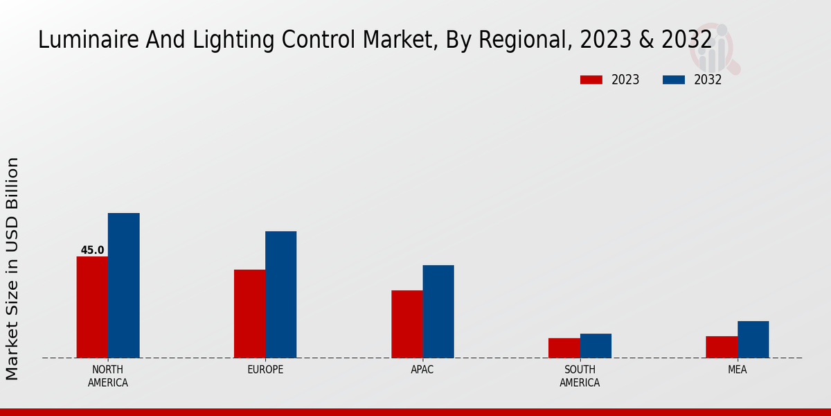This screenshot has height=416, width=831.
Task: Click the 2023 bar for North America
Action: (92, 307)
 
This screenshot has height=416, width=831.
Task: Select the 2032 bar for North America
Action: (123, 286)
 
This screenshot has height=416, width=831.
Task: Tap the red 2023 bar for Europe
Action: (249, 313)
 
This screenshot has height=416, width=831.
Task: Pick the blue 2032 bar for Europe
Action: (280, 295)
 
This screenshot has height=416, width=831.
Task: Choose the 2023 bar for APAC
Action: (406, 324)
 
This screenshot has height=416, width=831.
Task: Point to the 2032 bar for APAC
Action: (438, 311)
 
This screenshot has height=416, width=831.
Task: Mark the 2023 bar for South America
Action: (564, 348)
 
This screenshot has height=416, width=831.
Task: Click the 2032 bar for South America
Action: (596, 346)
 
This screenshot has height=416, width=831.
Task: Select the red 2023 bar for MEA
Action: (722, 347)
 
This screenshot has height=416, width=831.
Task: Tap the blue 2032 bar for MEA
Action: (753, 340)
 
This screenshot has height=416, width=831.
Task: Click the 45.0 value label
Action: (92, 250)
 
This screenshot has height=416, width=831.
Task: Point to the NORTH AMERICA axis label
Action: (107, 376)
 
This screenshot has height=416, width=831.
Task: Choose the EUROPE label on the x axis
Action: (265, 370)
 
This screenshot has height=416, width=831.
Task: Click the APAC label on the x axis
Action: (422, 370)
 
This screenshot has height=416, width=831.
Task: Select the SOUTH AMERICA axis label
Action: (580, 376)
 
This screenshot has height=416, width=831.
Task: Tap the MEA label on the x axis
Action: (737, 370)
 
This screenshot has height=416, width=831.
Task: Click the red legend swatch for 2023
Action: (591, 80)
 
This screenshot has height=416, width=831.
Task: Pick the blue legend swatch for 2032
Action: (673, 80)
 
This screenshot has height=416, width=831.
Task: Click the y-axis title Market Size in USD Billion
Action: (12, 268)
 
